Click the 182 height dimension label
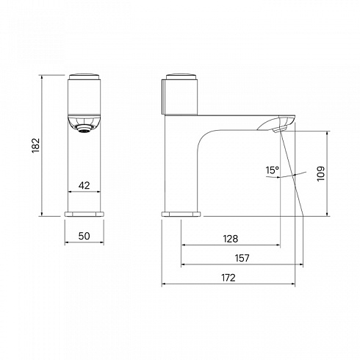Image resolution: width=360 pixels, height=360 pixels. coord(36,145)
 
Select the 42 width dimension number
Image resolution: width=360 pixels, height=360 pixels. coord(84,185)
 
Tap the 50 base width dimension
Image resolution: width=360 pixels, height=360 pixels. coord(84,236)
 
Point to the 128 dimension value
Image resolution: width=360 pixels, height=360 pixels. coord(231,239)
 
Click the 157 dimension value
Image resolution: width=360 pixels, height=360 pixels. coord(242,258)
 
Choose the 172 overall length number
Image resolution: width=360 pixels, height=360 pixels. coord(228,278)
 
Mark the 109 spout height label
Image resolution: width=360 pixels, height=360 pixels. coord(321,173)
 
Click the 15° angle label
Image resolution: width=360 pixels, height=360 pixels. coord(273,170)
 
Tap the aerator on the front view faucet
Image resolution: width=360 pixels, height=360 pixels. coord(84,129)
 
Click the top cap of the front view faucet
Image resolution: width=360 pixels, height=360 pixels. coord(84,76)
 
